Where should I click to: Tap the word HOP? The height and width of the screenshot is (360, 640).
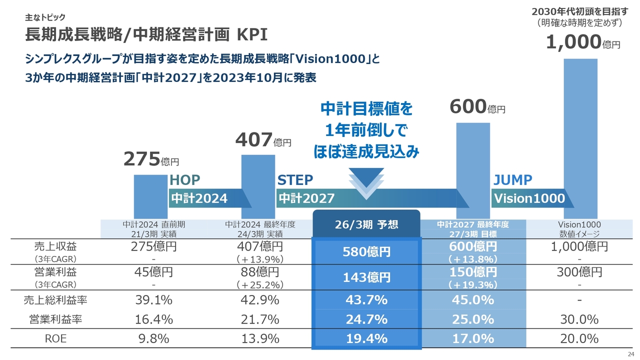(x=185, y=180)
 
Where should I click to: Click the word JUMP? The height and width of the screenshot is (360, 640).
(x=512, y=180)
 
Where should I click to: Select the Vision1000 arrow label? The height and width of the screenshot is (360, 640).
(x=529, y=198)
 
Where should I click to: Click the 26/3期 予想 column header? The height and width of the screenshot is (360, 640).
(x=366, y=224)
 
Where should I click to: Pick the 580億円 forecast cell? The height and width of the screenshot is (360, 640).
(x=366, y=252)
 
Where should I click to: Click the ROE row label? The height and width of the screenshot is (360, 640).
(x=55, y=338)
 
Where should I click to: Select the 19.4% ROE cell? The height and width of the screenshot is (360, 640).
(x=366, y=338)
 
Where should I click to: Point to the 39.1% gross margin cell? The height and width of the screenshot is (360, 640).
(x=154, y=300)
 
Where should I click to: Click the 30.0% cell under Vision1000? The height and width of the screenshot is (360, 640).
(x=579, y=319)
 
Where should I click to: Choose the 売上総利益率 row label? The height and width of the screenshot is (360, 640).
(x=55, y=300)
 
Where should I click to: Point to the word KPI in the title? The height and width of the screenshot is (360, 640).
(x=252, y=35)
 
